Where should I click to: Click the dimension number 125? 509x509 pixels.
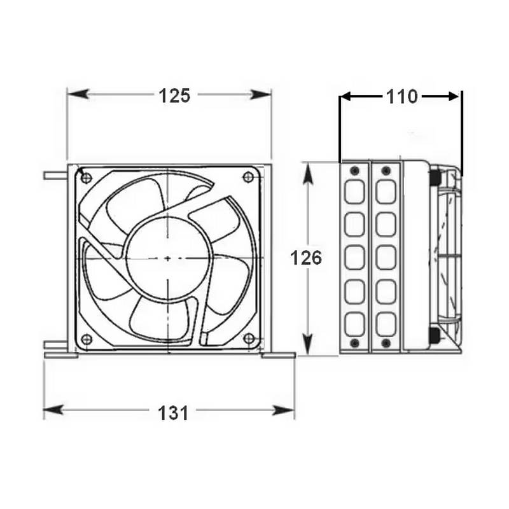(x=174, y=95)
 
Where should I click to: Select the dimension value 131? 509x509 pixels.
(x=174, y=412)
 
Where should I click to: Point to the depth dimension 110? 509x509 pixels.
(x=401, y=97)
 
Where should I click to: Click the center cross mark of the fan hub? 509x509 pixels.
(x=167, y=258)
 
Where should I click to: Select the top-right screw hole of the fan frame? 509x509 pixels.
(x=248, y=177)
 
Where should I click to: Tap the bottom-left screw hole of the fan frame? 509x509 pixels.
(x=87, y=338)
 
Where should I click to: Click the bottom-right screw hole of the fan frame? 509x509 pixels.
(x=248, y=338)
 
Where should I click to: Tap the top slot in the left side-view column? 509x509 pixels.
(x=354, y=192)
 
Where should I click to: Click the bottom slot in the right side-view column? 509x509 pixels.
(x=386, y=324)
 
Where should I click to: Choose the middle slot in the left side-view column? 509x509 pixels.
(x=354, y=257)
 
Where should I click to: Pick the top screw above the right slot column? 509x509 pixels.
(x=386, y=171)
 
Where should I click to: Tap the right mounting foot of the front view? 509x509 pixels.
(x=279, y=355)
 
